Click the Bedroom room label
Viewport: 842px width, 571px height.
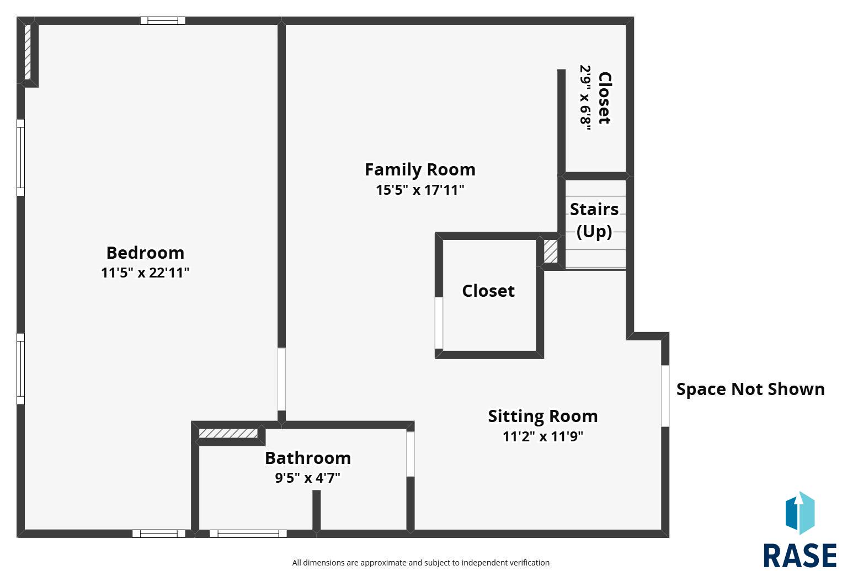(145, 253)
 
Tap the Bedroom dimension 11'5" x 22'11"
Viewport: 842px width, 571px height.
(145, 273)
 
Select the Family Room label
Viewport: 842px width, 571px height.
(420, 169)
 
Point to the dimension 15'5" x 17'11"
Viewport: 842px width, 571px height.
(420, 190)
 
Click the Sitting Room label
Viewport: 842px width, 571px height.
(543, 416)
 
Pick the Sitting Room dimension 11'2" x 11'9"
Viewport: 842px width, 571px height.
(543, 436)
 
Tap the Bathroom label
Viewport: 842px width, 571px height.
(308, 458)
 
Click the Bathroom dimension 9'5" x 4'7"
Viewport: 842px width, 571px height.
(308, 478)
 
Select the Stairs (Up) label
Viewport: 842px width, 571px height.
(594, 220)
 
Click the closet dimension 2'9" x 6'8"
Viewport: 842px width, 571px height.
(585, 98)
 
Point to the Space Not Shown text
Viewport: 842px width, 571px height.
(750, 389)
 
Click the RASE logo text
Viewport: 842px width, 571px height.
(800, 556)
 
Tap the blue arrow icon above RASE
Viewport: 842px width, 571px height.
(800, 513)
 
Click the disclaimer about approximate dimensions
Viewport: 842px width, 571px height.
(420, 562)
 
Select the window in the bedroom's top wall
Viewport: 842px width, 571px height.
(163, 20)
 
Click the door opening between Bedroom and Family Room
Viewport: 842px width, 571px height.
(281, 379)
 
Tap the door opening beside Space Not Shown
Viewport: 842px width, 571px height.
(665, 396)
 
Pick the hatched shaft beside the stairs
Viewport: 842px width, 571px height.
(551, 252)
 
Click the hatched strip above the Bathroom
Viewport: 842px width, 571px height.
(228, 434)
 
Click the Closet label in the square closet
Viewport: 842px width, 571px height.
(488, 291)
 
